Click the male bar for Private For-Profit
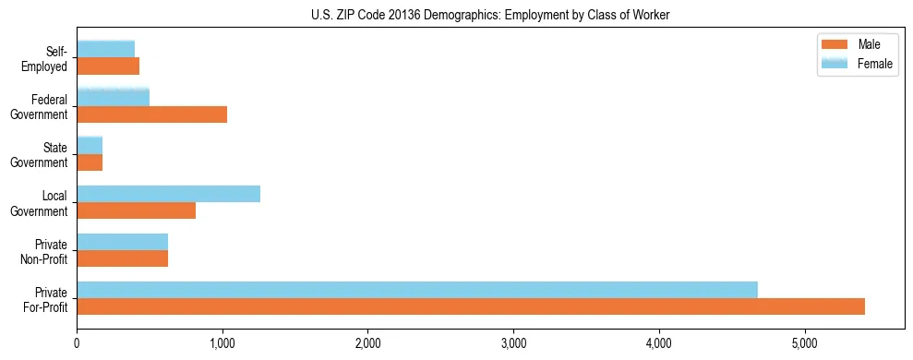tap(471, 306)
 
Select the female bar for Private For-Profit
tap(417, 289)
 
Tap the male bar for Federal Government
tap(151, 114)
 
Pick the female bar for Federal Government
tap(113, 97)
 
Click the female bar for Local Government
tap(168, 193)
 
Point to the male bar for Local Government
tap(136, 210)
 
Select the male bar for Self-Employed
tap(108, 66)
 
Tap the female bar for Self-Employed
tap(105, 49)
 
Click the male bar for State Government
tap(90, 162)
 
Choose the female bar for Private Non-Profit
tap(122, 241)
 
